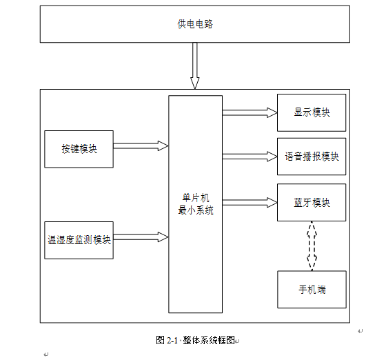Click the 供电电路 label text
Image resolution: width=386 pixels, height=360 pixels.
tap(195, 24)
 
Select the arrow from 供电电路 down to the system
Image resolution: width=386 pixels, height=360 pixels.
tap(194, 66)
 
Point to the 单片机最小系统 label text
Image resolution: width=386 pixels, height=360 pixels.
tap(196, 204)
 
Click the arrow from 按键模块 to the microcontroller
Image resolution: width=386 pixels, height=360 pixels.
tap(141, 146)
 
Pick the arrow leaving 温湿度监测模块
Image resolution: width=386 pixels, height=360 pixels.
tap(141, 237)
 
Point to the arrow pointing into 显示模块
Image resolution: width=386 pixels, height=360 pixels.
tap(250, 113)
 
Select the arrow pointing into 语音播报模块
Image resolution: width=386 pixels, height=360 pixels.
tap(250, 157)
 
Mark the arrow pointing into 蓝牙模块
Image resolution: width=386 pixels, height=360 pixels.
tap(250, 203)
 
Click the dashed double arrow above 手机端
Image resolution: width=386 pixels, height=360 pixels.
tap(312, 246)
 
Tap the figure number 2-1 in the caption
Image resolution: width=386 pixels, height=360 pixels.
tap(172, 341)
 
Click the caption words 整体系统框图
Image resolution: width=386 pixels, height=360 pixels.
tap(209, 340)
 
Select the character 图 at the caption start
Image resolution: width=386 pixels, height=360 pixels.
tap(161, 340)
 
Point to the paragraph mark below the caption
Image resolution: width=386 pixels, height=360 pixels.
tap(45, 354)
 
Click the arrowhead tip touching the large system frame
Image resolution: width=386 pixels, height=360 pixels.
tap(194, 89)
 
